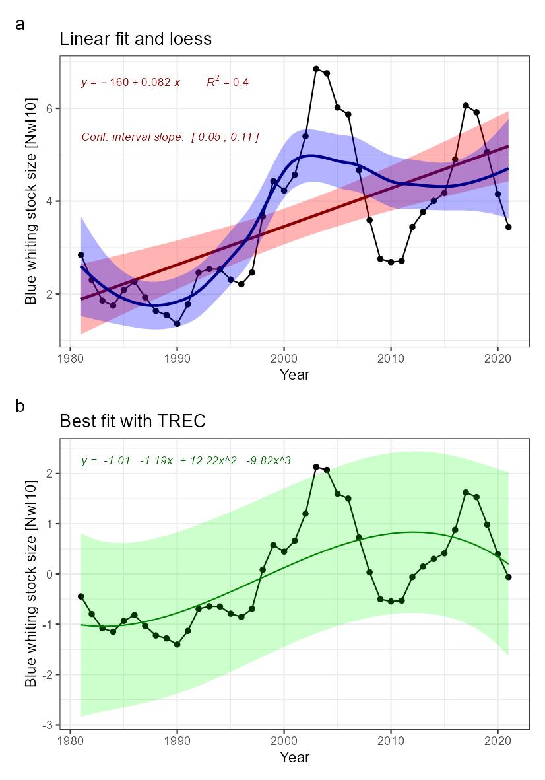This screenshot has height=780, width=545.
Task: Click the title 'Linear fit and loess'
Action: tap(135, 39)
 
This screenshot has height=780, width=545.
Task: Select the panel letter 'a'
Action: tap(20, 24)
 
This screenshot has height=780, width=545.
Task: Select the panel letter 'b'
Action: tap(20, 406)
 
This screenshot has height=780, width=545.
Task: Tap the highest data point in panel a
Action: tap(316, 69)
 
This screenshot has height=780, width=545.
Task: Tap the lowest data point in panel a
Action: tap(177, 324)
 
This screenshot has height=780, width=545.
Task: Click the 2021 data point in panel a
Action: tap(508, 227)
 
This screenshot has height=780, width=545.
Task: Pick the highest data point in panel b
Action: tap(316, 467)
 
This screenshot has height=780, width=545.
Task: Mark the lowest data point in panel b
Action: tap(177, 644)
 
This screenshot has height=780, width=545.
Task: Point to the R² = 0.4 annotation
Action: tap(227, 83)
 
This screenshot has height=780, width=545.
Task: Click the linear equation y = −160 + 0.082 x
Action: tap(131, 83)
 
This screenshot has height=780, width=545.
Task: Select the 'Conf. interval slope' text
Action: tap(170, 137)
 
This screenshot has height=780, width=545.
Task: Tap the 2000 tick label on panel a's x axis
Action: tap(284, 359)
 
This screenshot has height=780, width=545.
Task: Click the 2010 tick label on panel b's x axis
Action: tap(391, 741)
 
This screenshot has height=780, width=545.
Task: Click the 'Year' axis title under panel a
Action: tap(294, 375)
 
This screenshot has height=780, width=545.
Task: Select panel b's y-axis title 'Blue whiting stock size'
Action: tap(30, 583)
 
